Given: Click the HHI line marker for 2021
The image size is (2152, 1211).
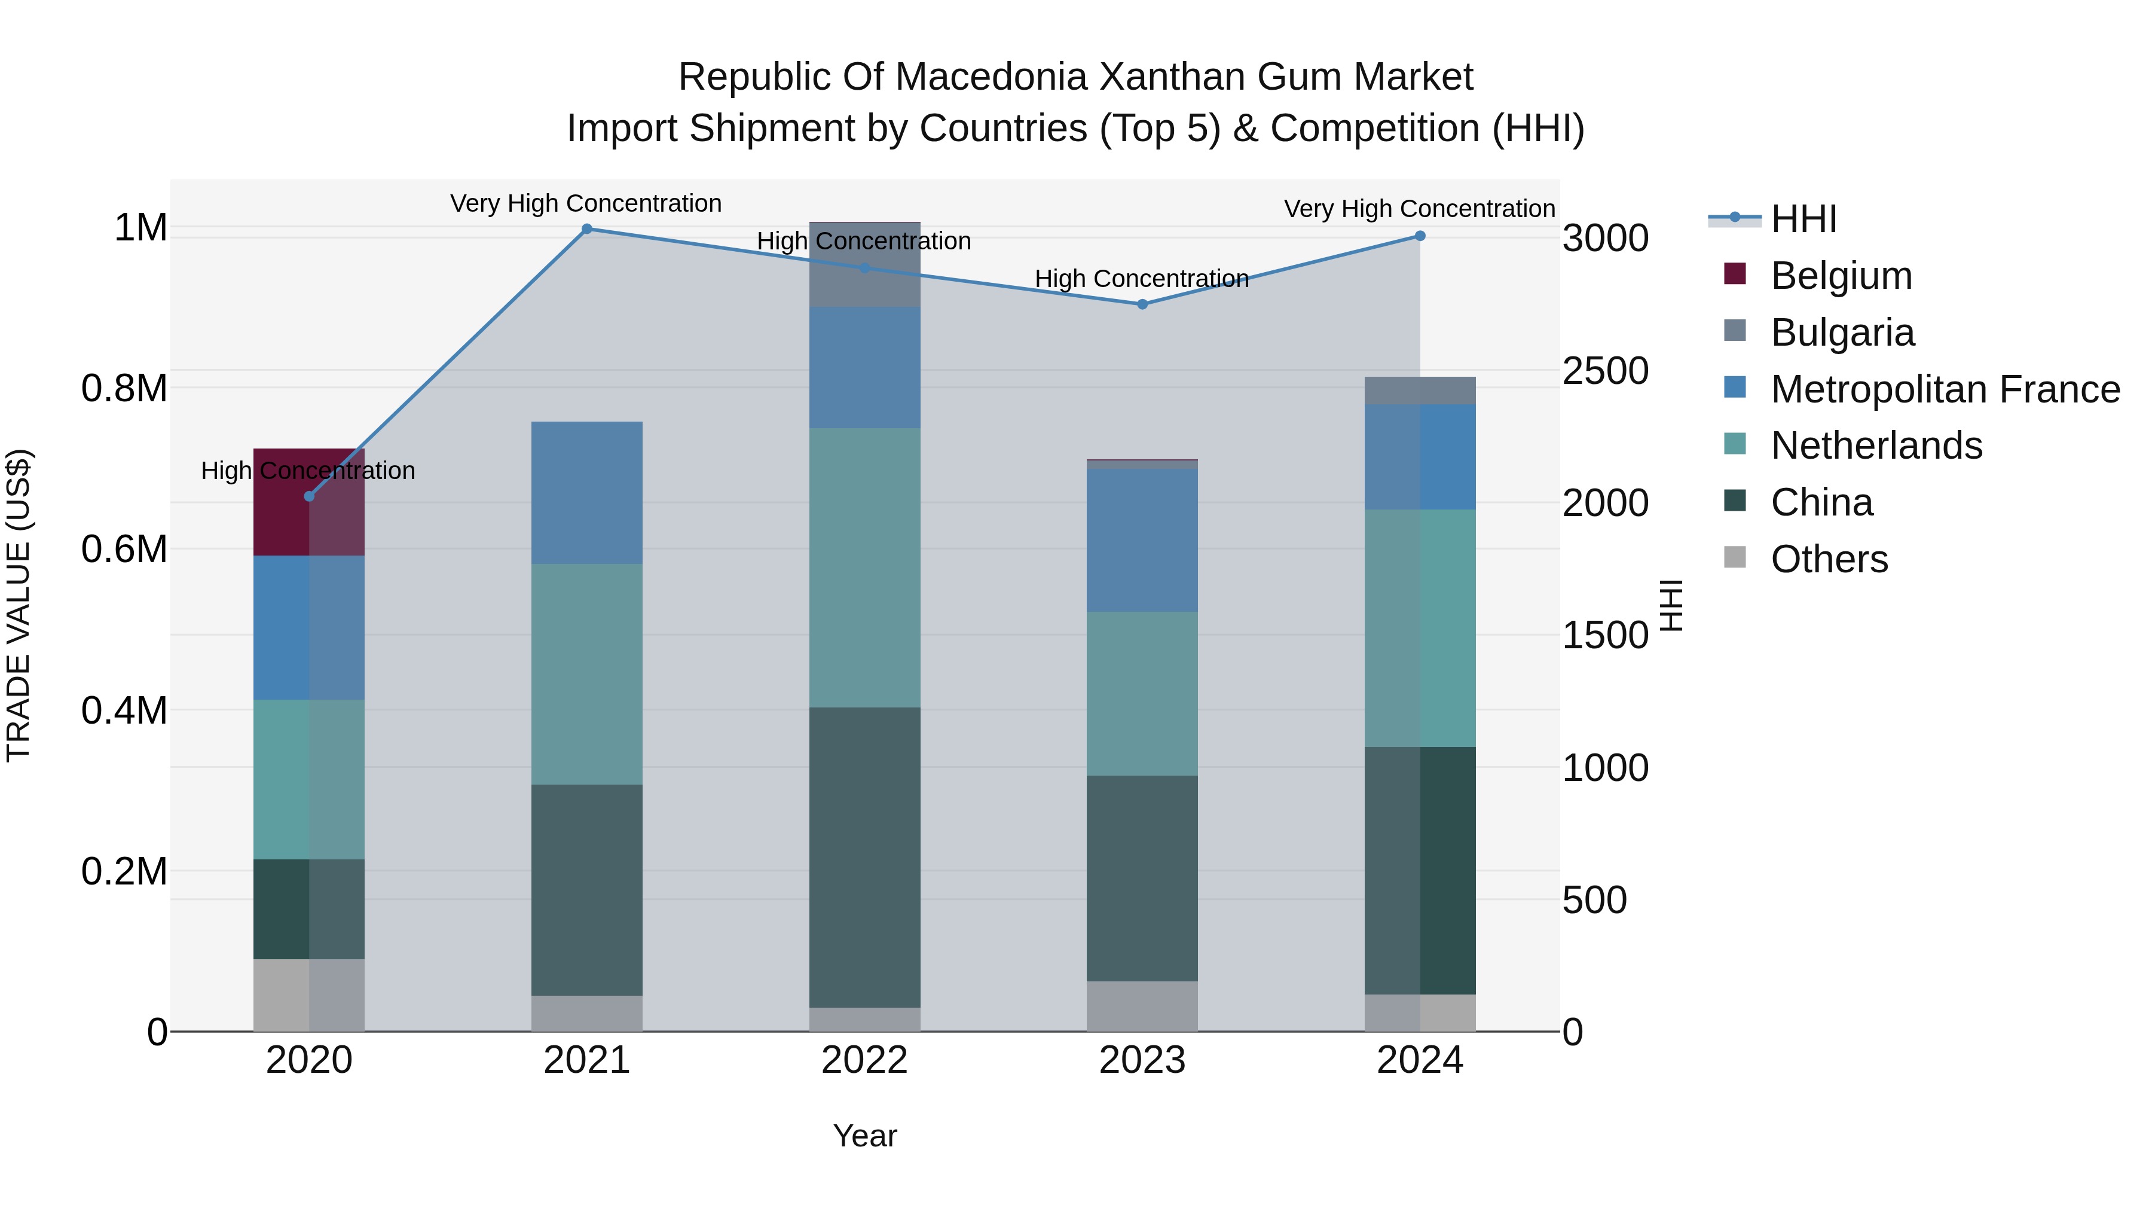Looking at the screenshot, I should coord(586,229).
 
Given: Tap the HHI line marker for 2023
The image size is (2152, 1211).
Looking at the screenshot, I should coord(1142,304).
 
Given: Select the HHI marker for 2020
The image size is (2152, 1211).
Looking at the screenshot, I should coord(309,496).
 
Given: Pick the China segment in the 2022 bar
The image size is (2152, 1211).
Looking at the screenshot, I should coord(864,856).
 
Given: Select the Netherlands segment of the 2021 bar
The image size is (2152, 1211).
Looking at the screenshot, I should coord(586,673).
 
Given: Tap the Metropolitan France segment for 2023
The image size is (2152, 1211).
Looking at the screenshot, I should coord(1142,540).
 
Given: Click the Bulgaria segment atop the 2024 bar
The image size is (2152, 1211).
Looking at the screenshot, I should coord(1420,391).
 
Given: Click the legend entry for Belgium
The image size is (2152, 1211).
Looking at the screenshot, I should coord(1841,276).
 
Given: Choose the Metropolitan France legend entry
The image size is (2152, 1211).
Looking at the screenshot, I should coord(1945,389).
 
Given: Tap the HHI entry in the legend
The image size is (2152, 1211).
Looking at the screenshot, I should coord(1803,219).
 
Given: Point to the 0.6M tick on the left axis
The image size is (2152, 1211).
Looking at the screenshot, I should coord(124,549).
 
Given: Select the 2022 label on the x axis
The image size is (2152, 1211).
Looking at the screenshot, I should coord(864,1060).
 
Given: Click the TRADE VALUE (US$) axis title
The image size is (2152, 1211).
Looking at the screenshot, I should coord(19,605).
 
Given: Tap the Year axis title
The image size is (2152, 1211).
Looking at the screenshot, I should coord(864,1136).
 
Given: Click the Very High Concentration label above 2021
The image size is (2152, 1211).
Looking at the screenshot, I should coord(586,203).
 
